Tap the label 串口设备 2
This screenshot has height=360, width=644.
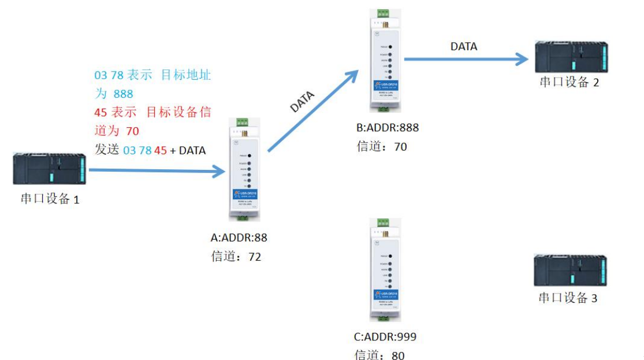coord(569,81)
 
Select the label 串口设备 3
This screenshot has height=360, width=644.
coord(568,298)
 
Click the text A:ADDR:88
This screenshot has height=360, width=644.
coord(239,237)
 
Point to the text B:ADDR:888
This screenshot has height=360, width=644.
coord(388,128)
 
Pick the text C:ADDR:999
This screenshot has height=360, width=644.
coord(385,337)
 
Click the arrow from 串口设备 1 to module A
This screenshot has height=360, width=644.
coord(156,170)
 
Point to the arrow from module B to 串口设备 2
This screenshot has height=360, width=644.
coord(466,58)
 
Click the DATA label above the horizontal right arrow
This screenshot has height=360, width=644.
coord(464,46)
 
